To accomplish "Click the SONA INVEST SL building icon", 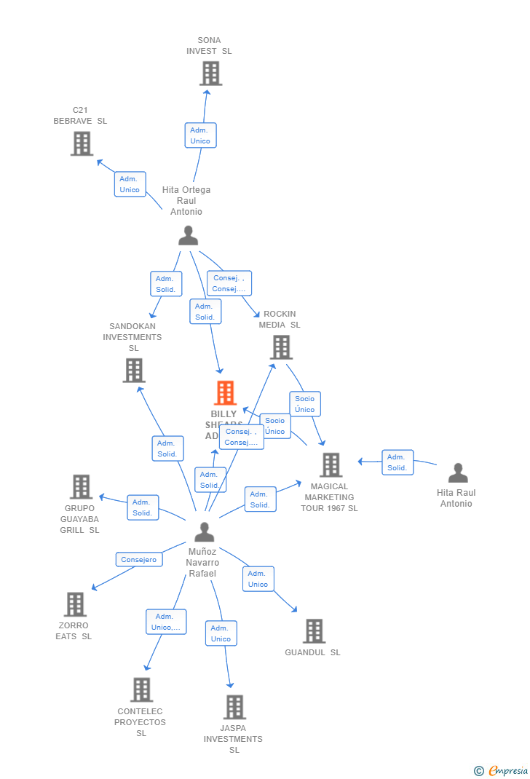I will pos(210,74).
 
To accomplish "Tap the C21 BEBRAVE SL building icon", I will pos(82,143).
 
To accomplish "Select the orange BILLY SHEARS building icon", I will pos(225,393).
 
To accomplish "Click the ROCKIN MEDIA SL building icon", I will pos(281,347).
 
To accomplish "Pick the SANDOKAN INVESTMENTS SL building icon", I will pos(134,371).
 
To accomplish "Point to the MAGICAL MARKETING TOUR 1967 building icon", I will pos(331,464).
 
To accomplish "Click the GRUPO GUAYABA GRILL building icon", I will pos(81,486).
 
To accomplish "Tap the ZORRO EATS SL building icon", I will pos(75,604).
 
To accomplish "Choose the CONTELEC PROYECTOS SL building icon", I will pos(141,689).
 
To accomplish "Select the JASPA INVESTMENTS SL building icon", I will pos(234,707).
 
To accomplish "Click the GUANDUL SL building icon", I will pos(314,631).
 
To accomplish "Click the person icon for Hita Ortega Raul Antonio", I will pos(188,236).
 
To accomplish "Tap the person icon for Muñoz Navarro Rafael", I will pos(204,532).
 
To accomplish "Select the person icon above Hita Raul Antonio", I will pos(458,473).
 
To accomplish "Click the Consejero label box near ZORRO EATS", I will pos(138,560).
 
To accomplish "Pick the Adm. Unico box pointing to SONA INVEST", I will pos(200,135).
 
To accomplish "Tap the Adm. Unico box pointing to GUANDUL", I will pos(258,579).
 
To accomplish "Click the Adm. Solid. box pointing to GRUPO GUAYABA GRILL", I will pos(143,507).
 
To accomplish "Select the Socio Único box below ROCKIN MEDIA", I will pos(305,404).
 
